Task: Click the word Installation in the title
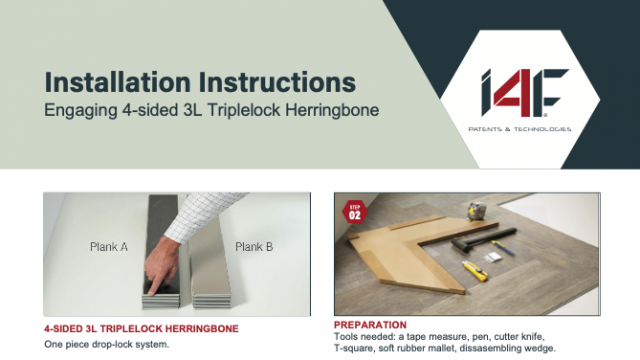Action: coord(118,82)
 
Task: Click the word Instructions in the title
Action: coord(278,82)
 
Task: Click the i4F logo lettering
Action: coord(524,93)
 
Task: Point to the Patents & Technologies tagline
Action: coord(520,129)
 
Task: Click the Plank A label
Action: coord(109,247)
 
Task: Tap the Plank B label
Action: coord(254,247)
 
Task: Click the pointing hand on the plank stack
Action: coord(161,265)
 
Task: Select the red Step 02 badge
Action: coord(355,212)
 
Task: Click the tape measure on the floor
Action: coord(477,211)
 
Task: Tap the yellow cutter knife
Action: coord(475,271)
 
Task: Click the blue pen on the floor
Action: coord(503,249)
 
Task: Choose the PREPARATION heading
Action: coord(370,325)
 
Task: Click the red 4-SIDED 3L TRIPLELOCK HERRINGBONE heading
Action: coord(141,329)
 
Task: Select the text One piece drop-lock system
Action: coord(107,344)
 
